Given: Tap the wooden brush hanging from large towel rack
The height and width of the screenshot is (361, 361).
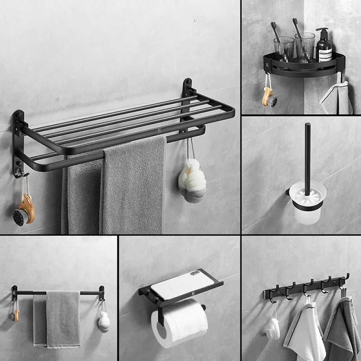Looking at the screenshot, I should click(24, 209).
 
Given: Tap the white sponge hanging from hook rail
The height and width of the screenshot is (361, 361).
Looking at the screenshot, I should click(272, 329).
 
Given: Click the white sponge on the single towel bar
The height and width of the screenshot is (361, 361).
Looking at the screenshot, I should click(104, 321).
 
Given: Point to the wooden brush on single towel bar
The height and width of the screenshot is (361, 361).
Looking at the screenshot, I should click(16, 315).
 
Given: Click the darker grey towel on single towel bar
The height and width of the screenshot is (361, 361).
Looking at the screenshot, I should click(63, 318).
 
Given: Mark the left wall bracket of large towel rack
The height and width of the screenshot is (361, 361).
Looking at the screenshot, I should click(18, 144).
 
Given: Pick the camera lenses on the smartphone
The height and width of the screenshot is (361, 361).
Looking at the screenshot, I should click(195, 273).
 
